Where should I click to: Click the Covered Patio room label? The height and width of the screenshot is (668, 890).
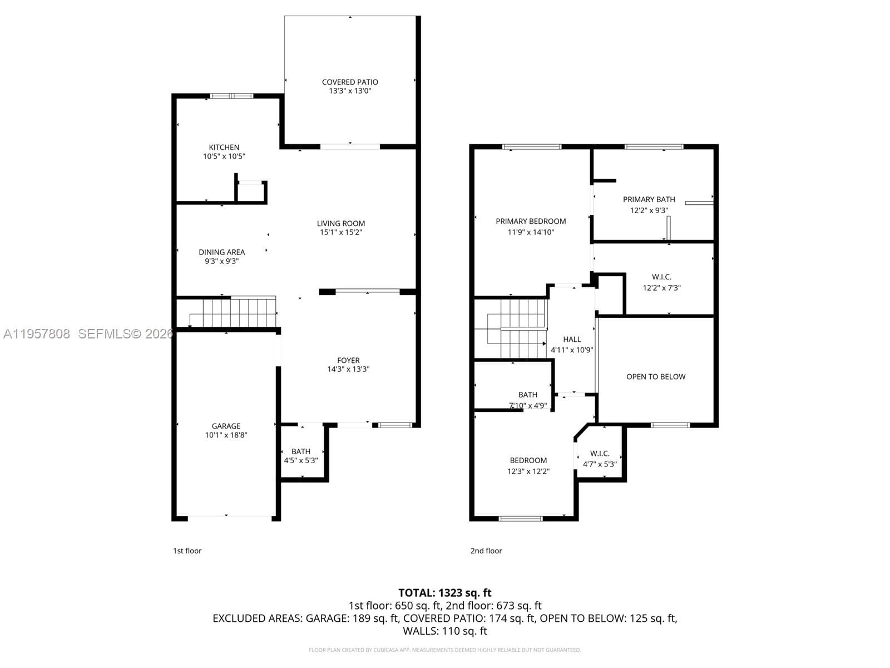pos(350,82)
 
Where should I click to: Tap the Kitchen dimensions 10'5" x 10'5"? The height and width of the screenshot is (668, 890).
pos(224,156)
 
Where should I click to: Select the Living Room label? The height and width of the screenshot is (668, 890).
pos(341,223)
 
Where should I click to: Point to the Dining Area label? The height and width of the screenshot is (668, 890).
pos(222,252)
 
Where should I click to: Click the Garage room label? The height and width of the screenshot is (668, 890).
pos(226,426)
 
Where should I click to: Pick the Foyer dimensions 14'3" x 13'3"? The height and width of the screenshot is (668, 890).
pos(348,369)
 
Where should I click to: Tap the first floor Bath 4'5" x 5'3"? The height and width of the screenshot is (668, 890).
pos(301,455)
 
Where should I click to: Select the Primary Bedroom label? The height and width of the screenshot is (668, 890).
pos(531,221)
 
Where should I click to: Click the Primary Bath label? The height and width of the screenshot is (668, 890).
pos(649,199)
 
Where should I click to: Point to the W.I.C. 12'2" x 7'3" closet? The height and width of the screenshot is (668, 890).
pos(661,282)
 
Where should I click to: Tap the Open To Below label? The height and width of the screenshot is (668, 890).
pos(656,376)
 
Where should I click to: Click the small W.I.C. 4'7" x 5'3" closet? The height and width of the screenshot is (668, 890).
pos(600,458)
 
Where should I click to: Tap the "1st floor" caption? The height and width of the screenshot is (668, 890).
pos(187,551)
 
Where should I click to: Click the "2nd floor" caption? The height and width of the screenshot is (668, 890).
pos(486,551)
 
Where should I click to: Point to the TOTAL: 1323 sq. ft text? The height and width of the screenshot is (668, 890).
pos(444,593)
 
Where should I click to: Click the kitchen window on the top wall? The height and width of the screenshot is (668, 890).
pos(231,96)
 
